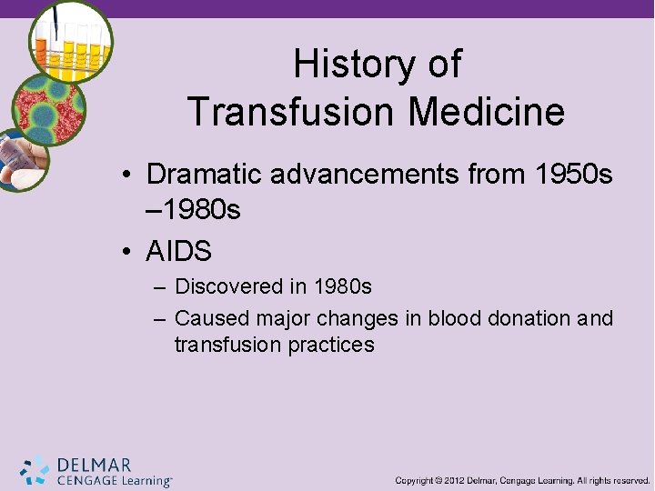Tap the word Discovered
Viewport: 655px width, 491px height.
tap(229, 287)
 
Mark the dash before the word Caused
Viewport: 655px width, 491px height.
tap(159, 319)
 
